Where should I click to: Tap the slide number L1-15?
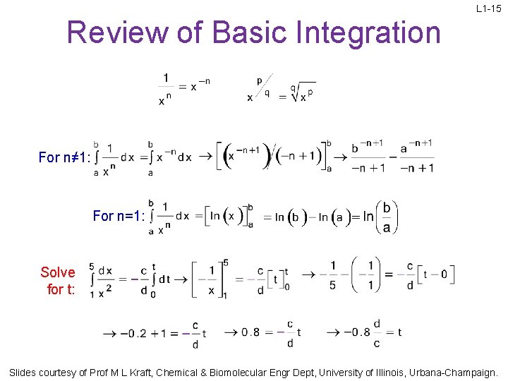point(488,9)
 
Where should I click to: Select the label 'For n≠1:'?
point(64,157)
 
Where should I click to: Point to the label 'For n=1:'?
point(119,216)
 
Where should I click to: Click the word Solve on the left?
point(58,272)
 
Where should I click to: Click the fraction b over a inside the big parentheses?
point(386,217)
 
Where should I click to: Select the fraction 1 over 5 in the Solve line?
point(332,276)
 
